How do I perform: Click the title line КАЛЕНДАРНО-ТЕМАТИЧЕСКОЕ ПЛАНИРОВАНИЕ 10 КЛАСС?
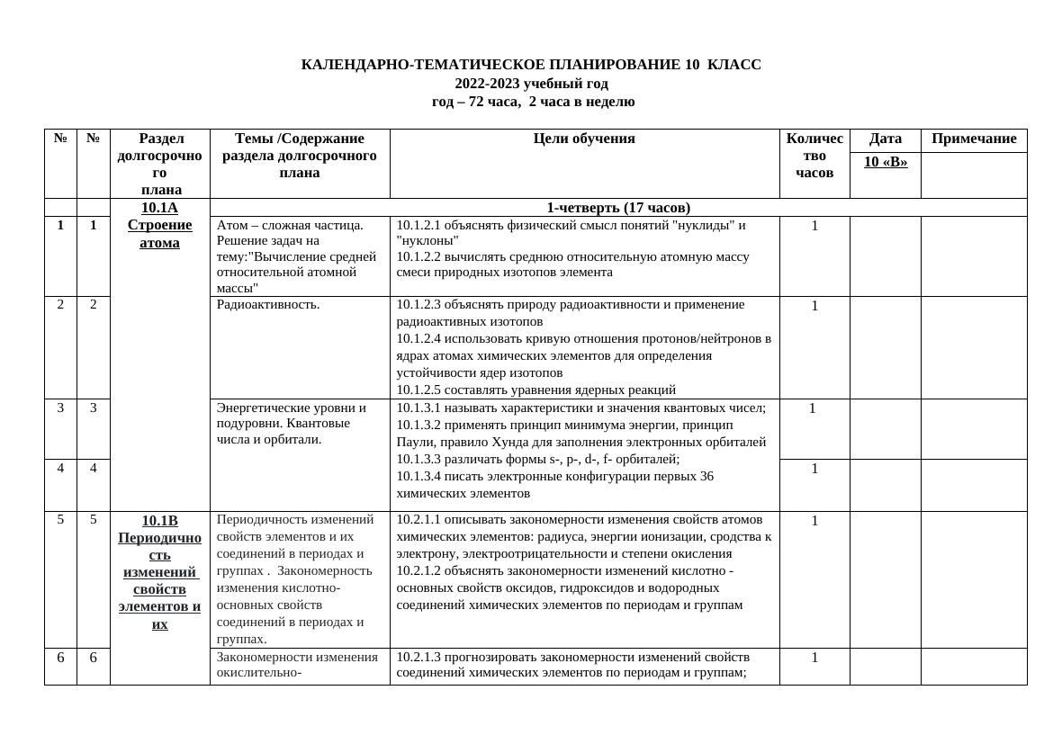(531, 65)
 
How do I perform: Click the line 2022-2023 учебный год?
(531, 84)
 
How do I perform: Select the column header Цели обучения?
(584, 139)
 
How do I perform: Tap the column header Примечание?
(974, 139)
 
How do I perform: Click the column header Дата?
(886, 139)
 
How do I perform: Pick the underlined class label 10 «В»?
(886, 162)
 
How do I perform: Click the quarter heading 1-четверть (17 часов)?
(618, 208)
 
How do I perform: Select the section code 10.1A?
(159, 208)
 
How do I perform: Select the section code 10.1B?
(159, 521)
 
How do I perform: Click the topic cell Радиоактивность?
(268, 305)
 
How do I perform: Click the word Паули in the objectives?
(415, 443)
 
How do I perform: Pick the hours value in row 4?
(814, 469)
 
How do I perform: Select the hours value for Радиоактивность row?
(814, 306)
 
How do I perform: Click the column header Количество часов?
(814, 155)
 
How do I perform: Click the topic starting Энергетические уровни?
(291, 408)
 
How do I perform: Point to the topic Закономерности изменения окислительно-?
(297, 664)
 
